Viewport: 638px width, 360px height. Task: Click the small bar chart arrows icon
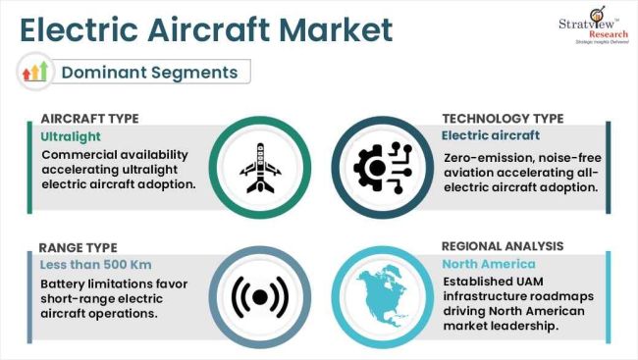[34, 72]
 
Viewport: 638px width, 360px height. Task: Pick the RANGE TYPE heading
[78, 247]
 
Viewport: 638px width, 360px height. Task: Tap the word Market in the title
[336, 29]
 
